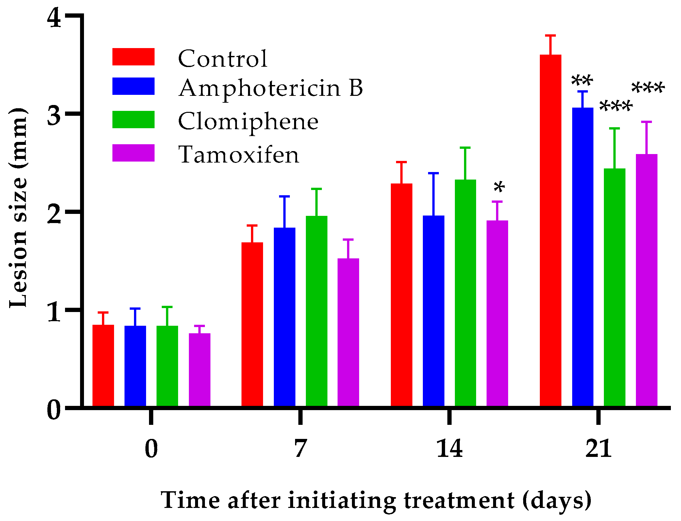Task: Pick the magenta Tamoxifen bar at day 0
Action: tap(199, 370)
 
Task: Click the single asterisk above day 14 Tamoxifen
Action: tap(499, 188)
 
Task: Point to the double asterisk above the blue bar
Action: tap(582, 81)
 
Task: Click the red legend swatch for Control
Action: tap(133, 57)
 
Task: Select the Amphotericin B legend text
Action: tap(271, 88)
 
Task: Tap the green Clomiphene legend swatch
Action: tap(133, 119)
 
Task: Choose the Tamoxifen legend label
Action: tap(239, 154)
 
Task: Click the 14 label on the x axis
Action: tap(449, 449)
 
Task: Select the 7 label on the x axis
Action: tap(300, 449)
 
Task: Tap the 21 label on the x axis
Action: tap(598, 449)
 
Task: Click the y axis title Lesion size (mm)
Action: tap(18, 208)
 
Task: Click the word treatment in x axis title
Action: tap(459, 500)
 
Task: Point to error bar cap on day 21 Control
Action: tap(550, 35)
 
